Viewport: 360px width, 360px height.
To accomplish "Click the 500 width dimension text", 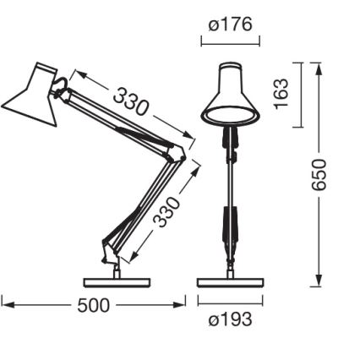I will (93, 305).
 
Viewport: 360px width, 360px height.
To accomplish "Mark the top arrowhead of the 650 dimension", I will (319, 67).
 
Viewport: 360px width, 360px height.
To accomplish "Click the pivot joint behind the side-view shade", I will (63, 83).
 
